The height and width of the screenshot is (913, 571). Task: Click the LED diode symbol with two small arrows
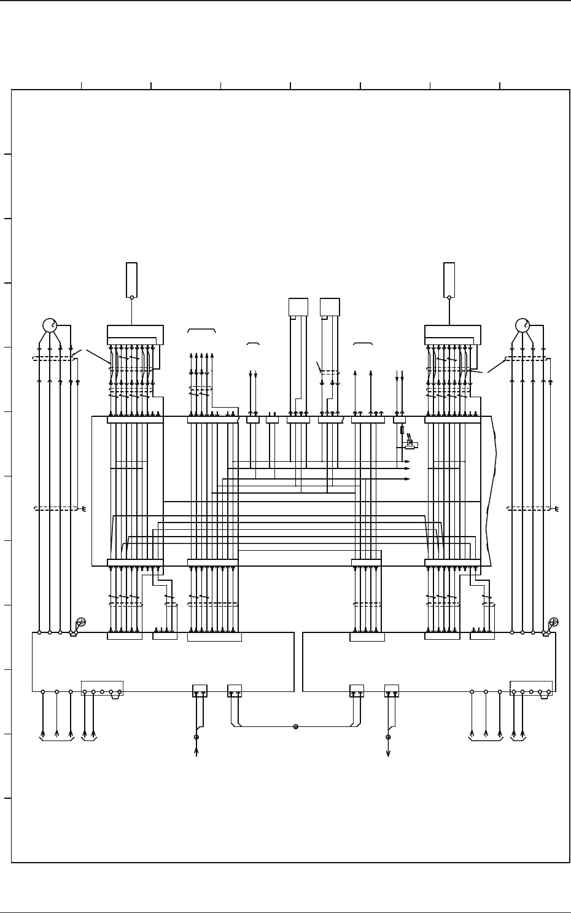coord(410,442)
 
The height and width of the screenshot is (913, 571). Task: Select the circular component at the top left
coord(49,325)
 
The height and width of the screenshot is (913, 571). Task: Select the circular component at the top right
coord(522,325)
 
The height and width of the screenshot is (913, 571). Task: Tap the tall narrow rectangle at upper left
coord(131,280)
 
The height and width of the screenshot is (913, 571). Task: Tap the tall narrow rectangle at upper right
coord(449,280)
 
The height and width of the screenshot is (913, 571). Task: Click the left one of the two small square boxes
coord(298,307)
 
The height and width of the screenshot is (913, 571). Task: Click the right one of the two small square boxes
coord(330,307)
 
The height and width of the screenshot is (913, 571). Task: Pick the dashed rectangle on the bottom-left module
coord(102,688)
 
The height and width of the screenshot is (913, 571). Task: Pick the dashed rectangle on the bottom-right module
coord(531,688)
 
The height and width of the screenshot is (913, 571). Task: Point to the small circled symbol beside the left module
coord(81,622)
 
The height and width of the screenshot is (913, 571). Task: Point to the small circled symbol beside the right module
coord(554,622)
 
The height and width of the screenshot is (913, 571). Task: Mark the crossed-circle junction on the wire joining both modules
coord(295,726)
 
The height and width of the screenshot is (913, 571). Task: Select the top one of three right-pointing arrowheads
coord(407,461)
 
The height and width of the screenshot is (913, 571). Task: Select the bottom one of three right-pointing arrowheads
coord(407,479)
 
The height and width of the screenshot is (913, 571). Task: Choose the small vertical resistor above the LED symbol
coord(402,430)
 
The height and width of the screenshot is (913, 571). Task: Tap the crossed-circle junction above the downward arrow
coord(388,737)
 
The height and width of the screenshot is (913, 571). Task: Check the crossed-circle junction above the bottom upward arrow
coord(196,737)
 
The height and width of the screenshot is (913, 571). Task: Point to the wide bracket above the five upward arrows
coord(201,330)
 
